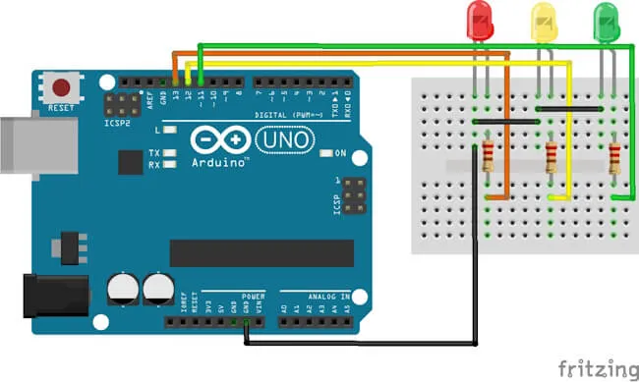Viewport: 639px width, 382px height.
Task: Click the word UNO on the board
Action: click(x=285, y=142)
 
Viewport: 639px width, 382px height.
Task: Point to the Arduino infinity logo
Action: click(x=221, y=140)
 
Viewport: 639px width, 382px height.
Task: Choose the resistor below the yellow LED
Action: click(x=551, y=156)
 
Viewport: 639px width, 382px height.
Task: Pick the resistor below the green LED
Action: click(x=614, y=156)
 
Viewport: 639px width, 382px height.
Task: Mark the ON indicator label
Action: click(x=341, y=154)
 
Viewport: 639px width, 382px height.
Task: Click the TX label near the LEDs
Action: click(x=154, y=154)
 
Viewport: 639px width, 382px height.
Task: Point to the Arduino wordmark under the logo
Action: click(x=219, y=162)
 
